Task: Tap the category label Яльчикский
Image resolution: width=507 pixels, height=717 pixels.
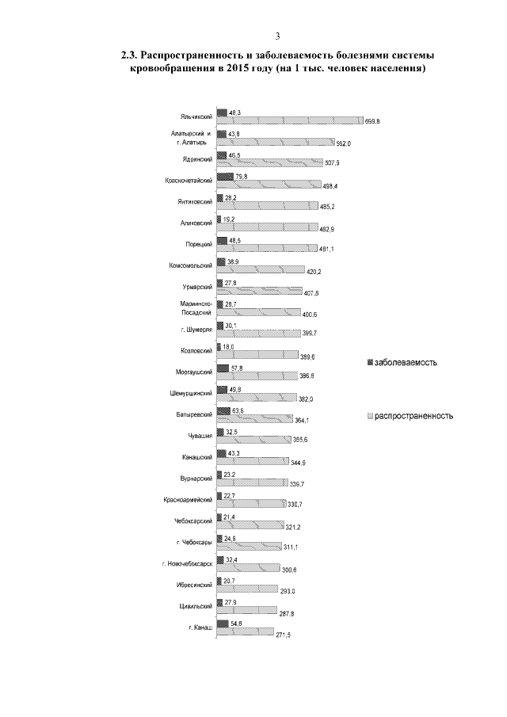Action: (x=195, y=116)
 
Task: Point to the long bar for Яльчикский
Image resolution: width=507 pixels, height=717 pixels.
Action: (x=289, y=120)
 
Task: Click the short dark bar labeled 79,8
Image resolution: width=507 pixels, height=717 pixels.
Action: (x=224, y=177)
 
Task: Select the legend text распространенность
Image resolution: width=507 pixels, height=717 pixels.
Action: (x=414, y=415)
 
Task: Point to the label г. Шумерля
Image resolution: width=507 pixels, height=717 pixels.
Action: (x=196, y=330)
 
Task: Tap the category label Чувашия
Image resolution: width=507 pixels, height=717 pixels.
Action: (x=199, y=437)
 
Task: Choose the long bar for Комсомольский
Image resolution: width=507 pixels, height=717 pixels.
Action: (x=260, y=269)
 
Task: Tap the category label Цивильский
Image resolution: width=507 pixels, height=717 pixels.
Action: (x=194, y=607)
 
